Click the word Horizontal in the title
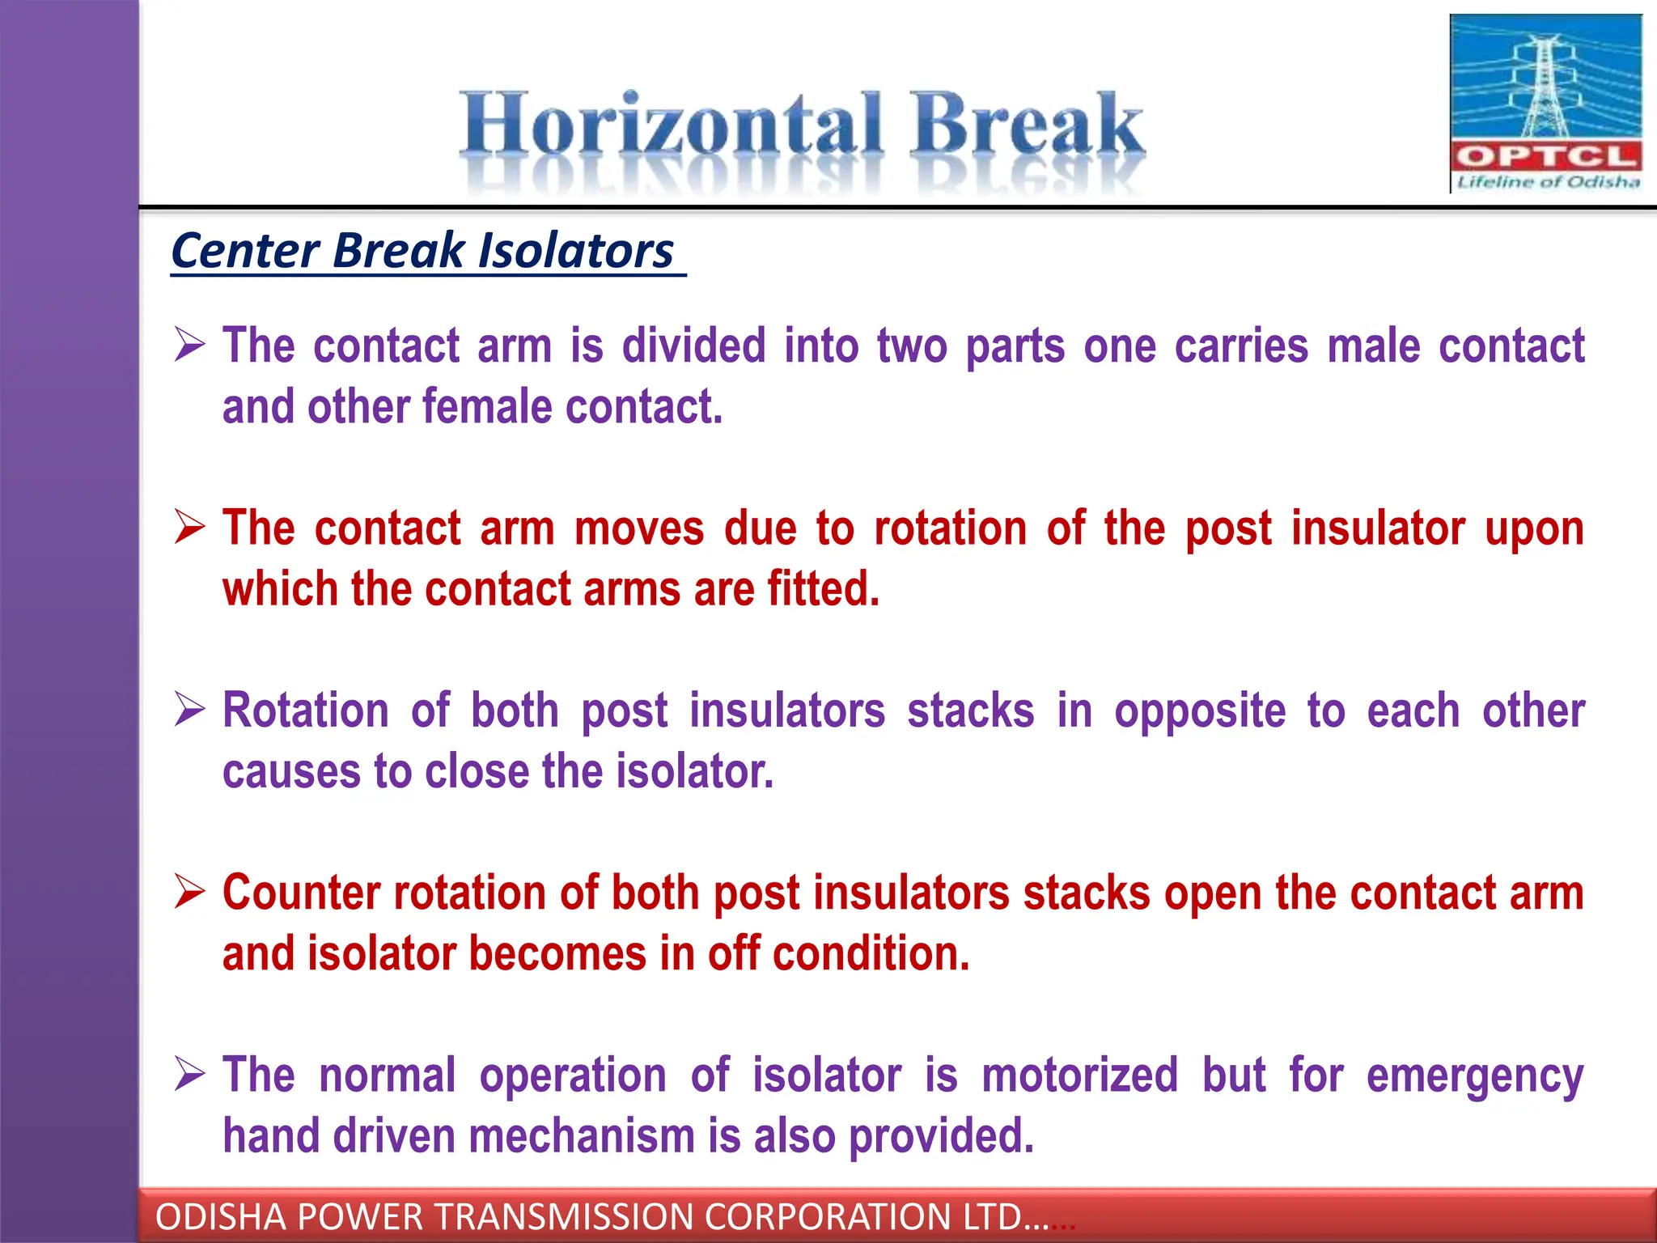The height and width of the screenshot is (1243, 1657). pyautogui.click(x=670, y=125)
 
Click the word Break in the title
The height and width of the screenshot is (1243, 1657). pyautogui.click(x=1026, y=125)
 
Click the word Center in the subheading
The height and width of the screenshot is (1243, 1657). pyautogui.click(x=245, y=251)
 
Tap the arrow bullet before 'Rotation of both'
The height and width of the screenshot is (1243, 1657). pyautogui.click(x=190, y=711)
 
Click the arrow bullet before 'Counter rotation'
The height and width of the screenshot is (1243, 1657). pyautogui.click(x=190, y=893)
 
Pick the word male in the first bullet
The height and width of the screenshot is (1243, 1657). pyautogui.click(x=1373, y=346)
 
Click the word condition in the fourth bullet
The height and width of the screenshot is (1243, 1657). pyautogui.click(x=870, y=954)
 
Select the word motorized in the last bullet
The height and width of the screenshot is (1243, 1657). pyautogui.click(x=1079, y=1075)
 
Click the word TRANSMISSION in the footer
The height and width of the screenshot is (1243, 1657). pyautogui.click(x=559, y=1217)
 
